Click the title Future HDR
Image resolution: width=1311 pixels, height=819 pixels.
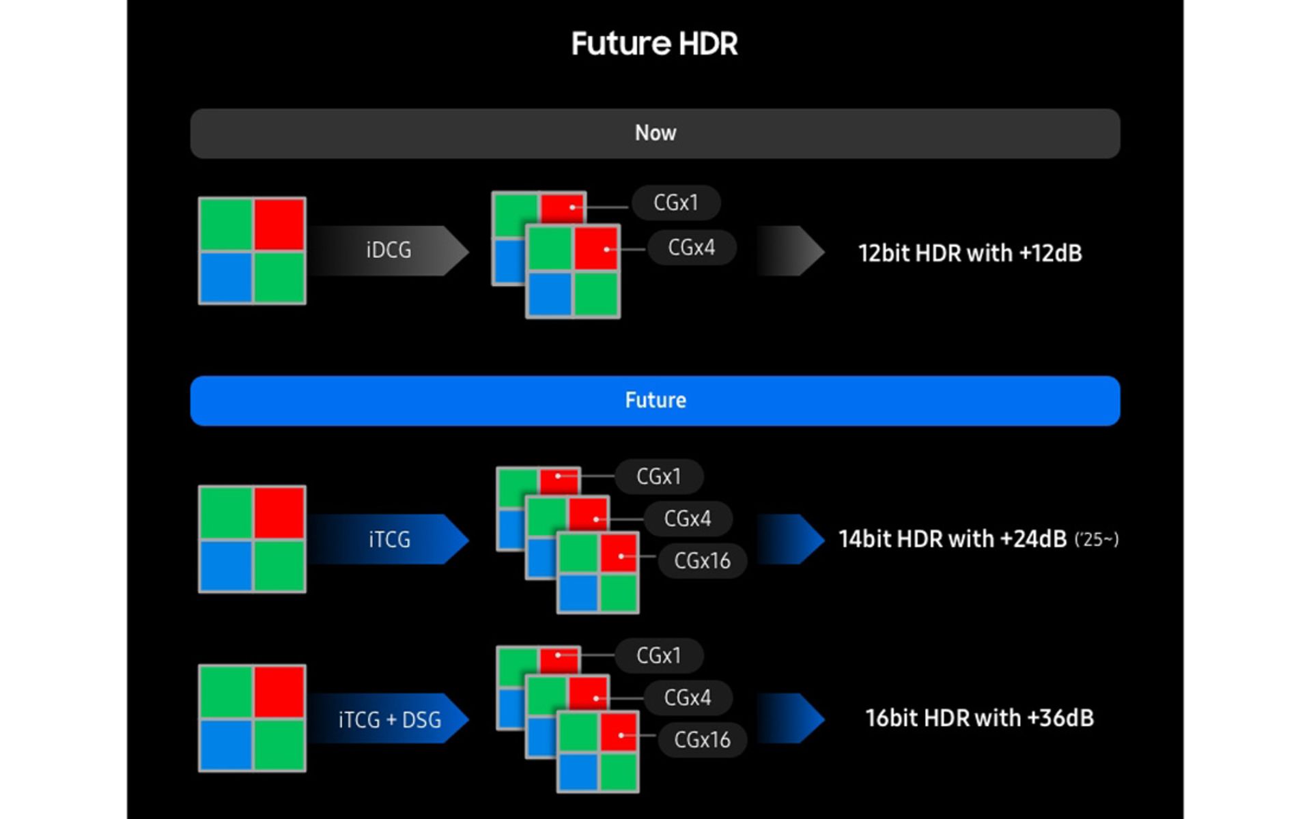click(x=654, y=44)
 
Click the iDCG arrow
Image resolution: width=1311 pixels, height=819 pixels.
click(x=389, y=250)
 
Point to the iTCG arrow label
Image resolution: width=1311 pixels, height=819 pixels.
click(x=389, y=540)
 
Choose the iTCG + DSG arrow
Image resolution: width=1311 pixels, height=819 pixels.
click(x=389, y=719)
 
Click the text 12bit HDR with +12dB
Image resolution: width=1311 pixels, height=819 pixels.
click(x=970, y=253)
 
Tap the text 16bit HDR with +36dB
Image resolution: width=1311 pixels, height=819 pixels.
click(x=979, y=718)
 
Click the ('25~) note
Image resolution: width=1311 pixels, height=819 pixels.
click(x=1097, y=540)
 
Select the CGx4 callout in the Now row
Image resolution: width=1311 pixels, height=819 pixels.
click(x=691, y=247)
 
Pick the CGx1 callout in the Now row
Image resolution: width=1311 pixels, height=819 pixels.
click(x=675, y=203)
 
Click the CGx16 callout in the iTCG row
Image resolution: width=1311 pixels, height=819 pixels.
click(x=702, y=560)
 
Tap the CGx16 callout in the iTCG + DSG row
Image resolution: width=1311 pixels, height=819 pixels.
click(x=702, y=739)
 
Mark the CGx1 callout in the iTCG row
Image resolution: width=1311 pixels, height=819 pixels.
click(x=658, y=476)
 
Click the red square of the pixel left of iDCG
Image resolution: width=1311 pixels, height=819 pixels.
click(x=279, y=224)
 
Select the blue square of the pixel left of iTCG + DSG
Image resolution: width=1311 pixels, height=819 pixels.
click(x=225, y=745)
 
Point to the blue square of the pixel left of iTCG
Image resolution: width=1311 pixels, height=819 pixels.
click(x=225, y=566)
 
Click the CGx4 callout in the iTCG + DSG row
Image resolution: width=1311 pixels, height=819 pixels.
click(x=687, y=698)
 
